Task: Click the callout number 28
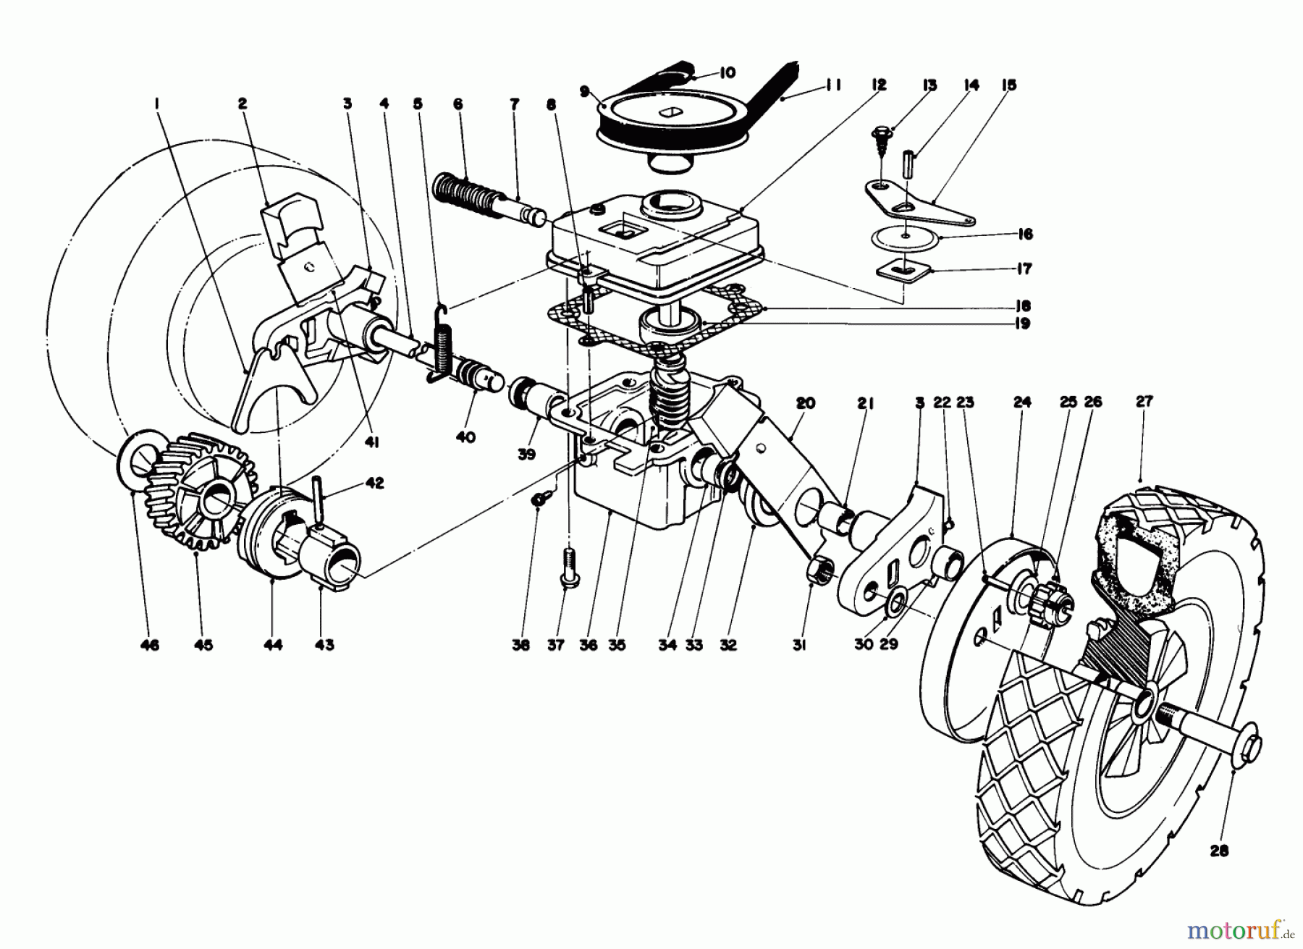coord(1219,851)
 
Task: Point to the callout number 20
coord(805,403)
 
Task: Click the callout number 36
coord(589,645)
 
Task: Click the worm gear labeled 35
coord(667,402)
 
